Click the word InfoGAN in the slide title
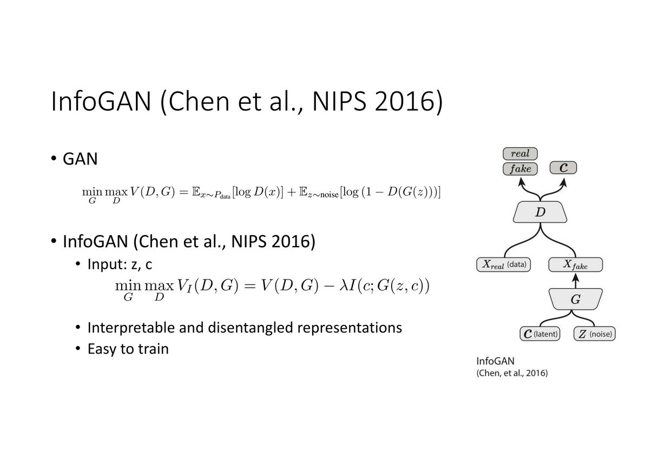[x=101, y=101]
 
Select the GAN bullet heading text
[x=80, y=159]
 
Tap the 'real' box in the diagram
[x=520, y=154]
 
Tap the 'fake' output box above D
[x=520, y=169]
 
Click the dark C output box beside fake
[x=563, y=168]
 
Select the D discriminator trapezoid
[x=540, y=212]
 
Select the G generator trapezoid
[x=575, y=299]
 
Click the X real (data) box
[x=503, y=264]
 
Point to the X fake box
[x=575, y=264]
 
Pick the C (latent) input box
[x=540, y=334]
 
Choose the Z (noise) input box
[x=594, y=334]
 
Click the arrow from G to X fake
[x=576, y=281]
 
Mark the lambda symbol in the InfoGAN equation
[x=343, y=285]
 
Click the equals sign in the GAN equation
[x=183, y=192]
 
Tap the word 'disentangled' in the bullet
[x=251, y=328]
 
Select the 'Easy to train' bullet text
[x=128, y=349]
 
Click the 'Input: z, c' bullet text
[x=120, y=264]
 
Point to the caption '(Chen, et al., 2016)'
[x=512, y=373]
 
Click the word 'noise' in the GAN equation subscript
[x=330, y=195]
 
